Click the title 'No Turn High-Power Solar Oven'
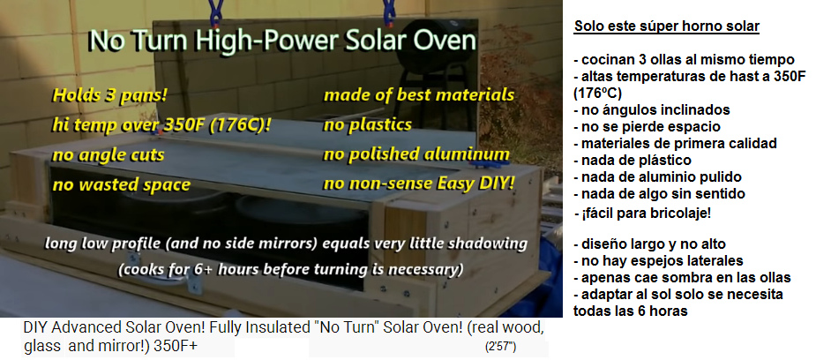pyautogui.click(x=282, y=41)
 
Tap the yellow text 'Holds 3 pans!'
pyautogui.click(x=110, y=95)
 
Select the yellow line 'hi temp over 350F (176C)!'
pyautogui.click(x=161, y=125)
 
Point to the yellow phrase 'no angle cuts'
pyautogui.click(x=109, y=155)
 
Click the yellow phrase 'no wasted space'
pyautogui.click(x=121, y=184)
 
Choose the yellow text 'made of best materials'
pyautogui.click(x=419, y=95)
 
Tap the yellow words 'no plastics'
pyautogui.click(x=367, y=125)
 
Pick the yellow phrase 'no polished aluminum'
pyautogui.click(x=416, y=154)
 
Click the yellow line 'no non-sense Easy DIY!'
pyautogui.click(x=419, y=184)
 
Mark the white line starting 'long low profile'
pyautogui.click(x=286, y=244)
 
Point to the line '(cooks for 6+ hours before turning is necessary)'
pyautogui.click(x=290, y=270)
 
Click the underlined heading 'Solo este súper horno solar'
pyautogui.click(x=667, y=26)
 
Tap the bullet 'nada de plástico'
pyautogui.click(x=633, y=161)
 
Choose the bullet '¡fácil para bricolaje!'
pyautogui.click(x=643, y=214)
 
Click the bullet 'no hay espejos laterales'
pyautogui.click(x=658, y=260)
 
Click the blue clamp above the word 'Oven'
pyautogui.click(x=389, y=12)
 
